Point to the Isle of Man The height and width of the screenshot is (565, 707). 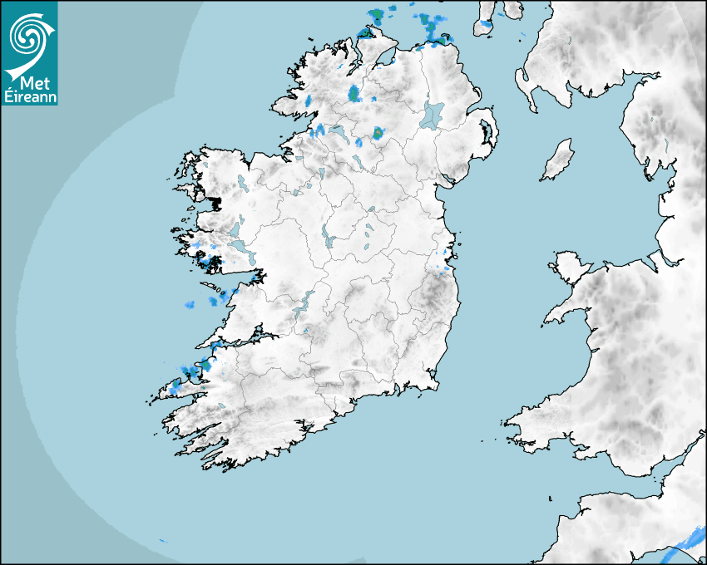pyautogui.click(x=558, y=160)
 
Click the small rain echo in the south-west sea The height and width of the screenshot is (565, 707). pyautogui.click(x=163, y=541)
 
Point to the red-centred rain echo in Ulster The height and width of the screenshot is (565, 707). pyautogui.click(x=378, y=132)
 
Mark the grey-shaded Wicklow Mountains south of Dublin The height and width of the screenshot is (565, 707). pyautogui.click(x=434, y=292)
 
